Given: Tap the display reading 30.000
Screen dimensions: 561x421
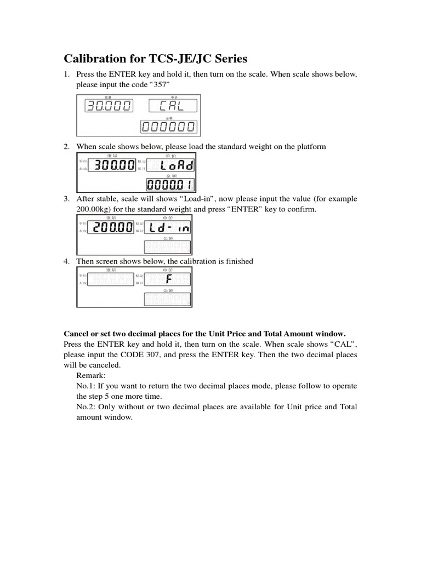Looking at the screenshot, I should point(107,106).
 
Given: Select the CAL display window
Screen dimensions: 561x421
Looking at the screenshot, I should point(172,106).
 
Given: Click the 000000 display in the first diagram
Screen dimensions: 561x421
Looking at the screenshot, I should point(168,127).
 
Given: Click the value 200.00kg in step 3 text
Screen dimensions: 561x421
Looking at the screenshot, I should point(94,209).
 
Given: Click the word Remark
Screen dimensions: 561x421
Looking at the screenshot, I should point(90,376).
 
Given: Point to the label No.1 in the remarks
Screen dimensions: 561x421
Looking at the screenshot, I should point(86,386).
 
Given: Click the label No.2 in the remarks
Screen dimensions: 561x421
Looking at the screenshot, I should point(86,407).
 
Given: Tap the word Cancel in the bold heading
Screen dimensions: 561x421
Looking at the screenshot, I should point(77,334).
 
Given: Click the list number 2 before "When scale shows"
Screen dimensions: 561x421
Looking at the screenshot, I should point(66,147).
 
